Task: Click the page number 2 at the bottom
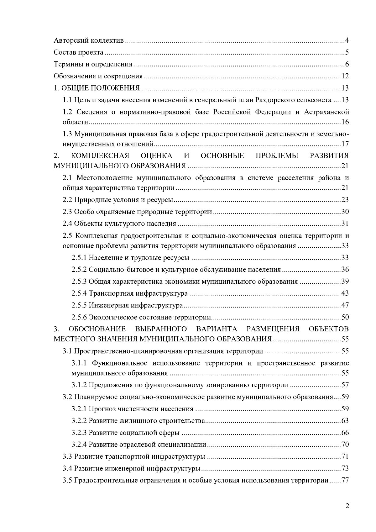(347, 506)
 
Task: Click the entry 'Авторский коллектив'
(90, 40)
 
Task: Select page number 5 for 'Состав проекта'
(347, 52)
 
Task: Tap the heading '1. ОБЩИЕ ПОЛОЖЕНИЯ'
(97, 88)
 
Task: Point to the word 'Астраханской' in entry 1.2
(326, 112)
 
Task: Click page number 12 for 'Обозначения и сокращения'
(345, 76)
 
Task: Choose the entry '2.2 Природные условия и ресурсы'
(118, 200)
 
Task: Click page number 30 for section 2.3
(345, 212)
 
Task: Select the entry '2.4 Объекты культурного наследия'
(119, 224)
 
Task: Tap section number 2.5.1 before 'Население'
(79, 258)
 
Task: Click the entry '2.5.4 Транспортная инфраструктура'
(129, 293)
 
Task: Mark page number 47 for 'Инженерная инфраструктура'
(345, 305)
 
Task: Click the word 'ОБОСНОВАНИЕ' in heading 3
(97, 329)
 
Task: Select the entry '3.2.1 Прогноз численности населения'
(132, 409)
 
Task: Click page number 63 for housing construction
(345, 421)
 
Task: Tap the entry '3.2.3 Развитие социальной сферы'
(125, 433)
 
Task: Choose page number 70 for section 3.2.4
(345, 445)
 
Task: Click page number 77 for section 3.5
(345, 481)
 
